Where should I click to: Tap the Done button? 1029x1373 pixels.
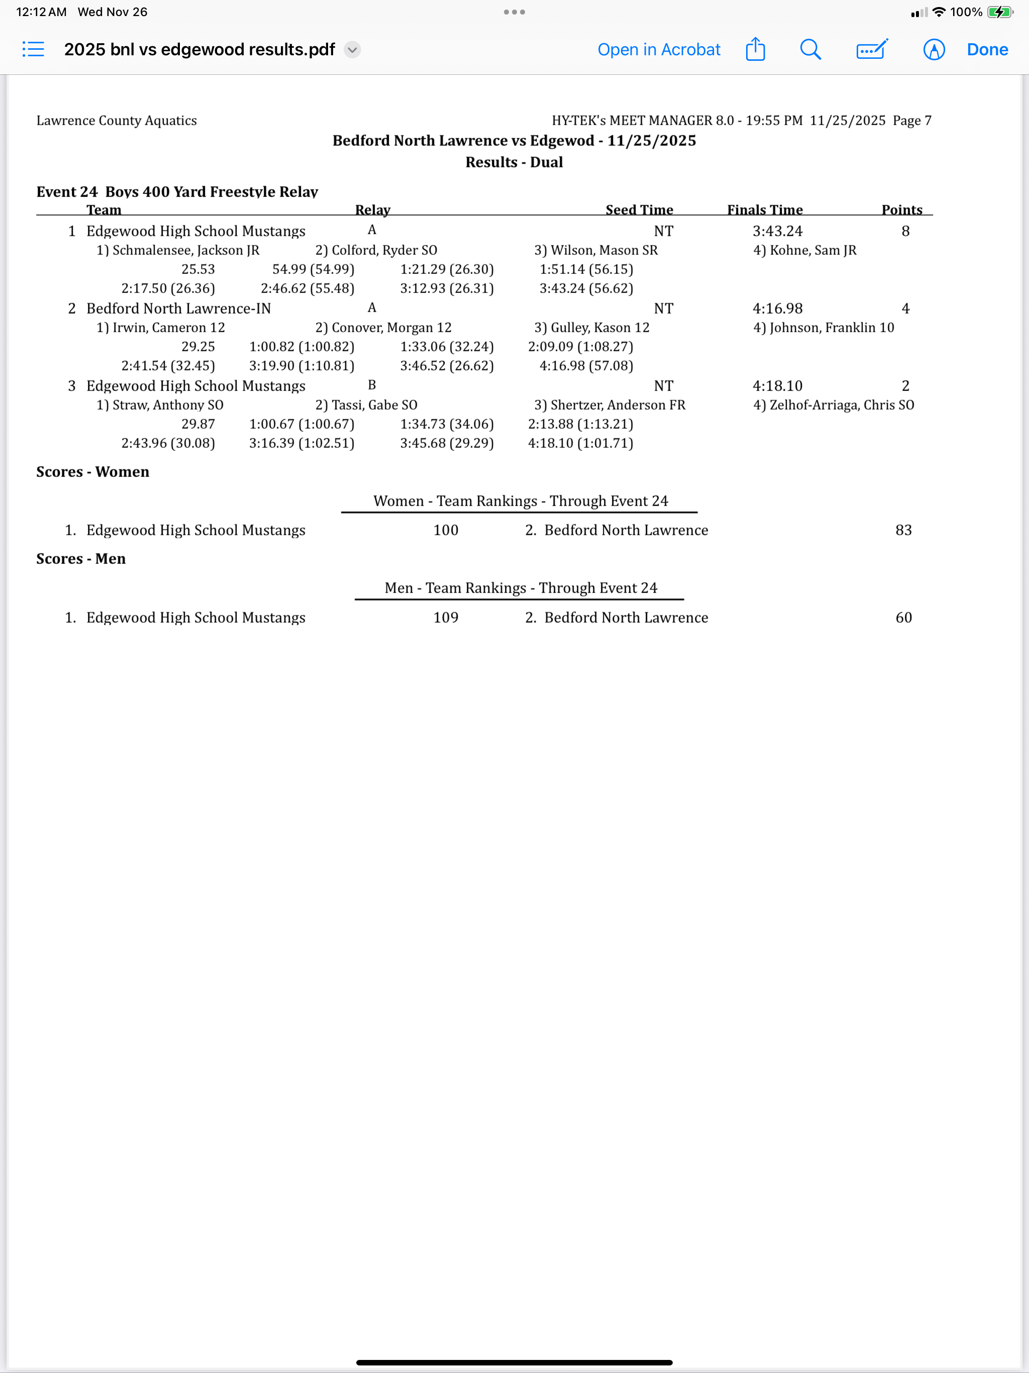coord(987,50)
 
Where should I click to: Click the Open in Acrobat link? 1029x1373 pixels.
coord(659,50)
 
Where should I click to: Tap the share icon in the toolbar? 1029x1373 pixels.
coord(755,49)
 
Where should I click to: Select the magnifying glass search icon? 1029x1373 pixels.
coord(810,50)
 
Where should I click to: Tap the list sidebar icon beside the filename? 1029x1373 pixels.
coord(34,49)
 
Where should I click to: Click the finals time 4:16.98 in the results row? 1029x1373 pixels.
coord(777,309)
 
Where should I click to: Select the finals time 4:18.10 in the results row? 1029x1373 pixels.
coord(777,386)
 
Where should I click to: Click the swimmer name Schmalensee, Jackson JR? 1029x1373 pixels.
coord(185,250)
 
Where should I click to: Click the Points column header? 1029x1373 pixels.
coord(901,210)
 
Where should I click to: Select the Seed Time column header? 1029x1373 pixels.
coord(639,210)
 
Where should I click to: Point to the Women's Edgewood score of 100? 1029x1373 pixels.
coord(446,530)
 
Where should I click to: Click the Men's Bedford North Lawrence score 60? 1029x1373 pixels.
coord(903,618)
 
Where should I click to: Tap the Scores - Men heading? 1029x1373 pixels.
coord(81,559)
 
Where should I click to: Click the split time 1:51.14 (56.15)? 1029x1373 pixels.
coord(586,269)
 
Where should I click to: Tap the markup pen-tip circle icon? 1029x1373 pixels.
coord(934,50)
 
